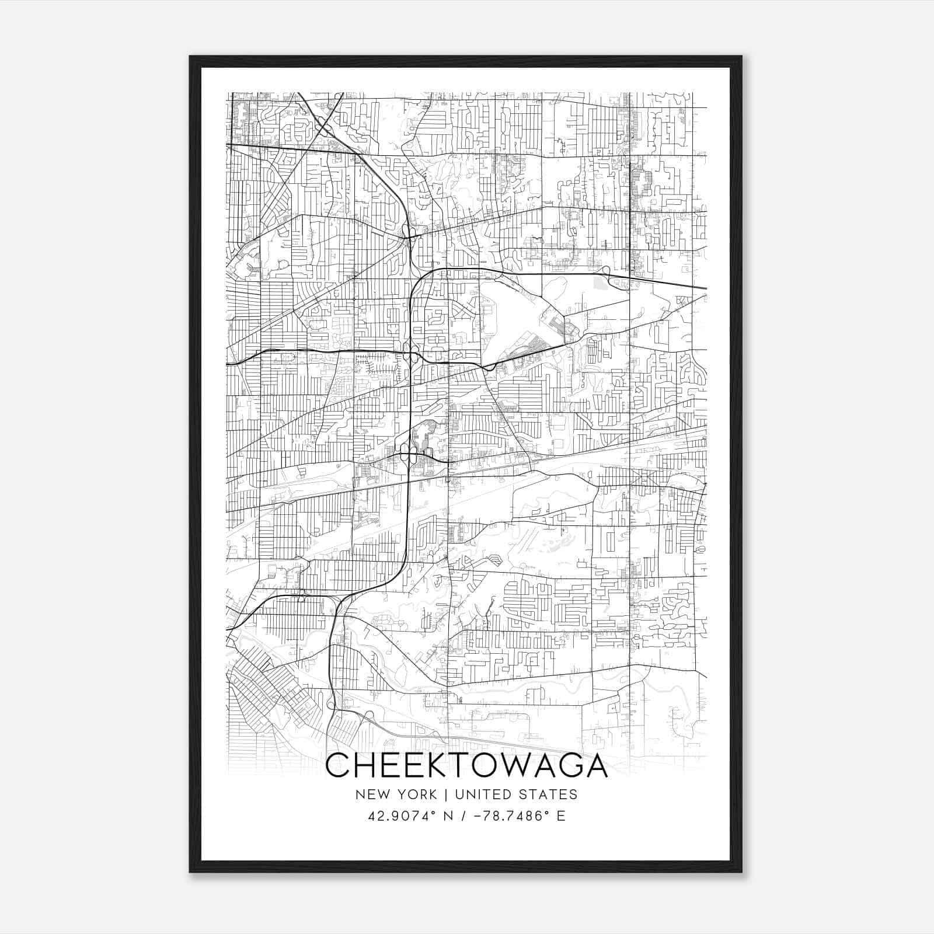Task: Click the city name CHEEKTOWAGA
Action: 466,766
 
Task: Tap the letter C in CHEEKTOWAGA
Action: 338,766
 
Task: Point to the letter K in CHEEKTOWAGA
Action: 428,766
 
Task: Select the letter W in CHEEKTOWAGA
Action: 510,766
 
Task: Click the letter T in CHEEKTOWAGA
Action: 452,766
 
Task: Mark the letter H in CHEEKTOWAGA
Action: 366,766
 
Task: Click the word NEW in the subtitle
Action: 370,794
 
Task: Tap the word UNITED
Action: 482,794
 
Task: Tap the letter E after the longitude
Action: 561,816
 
